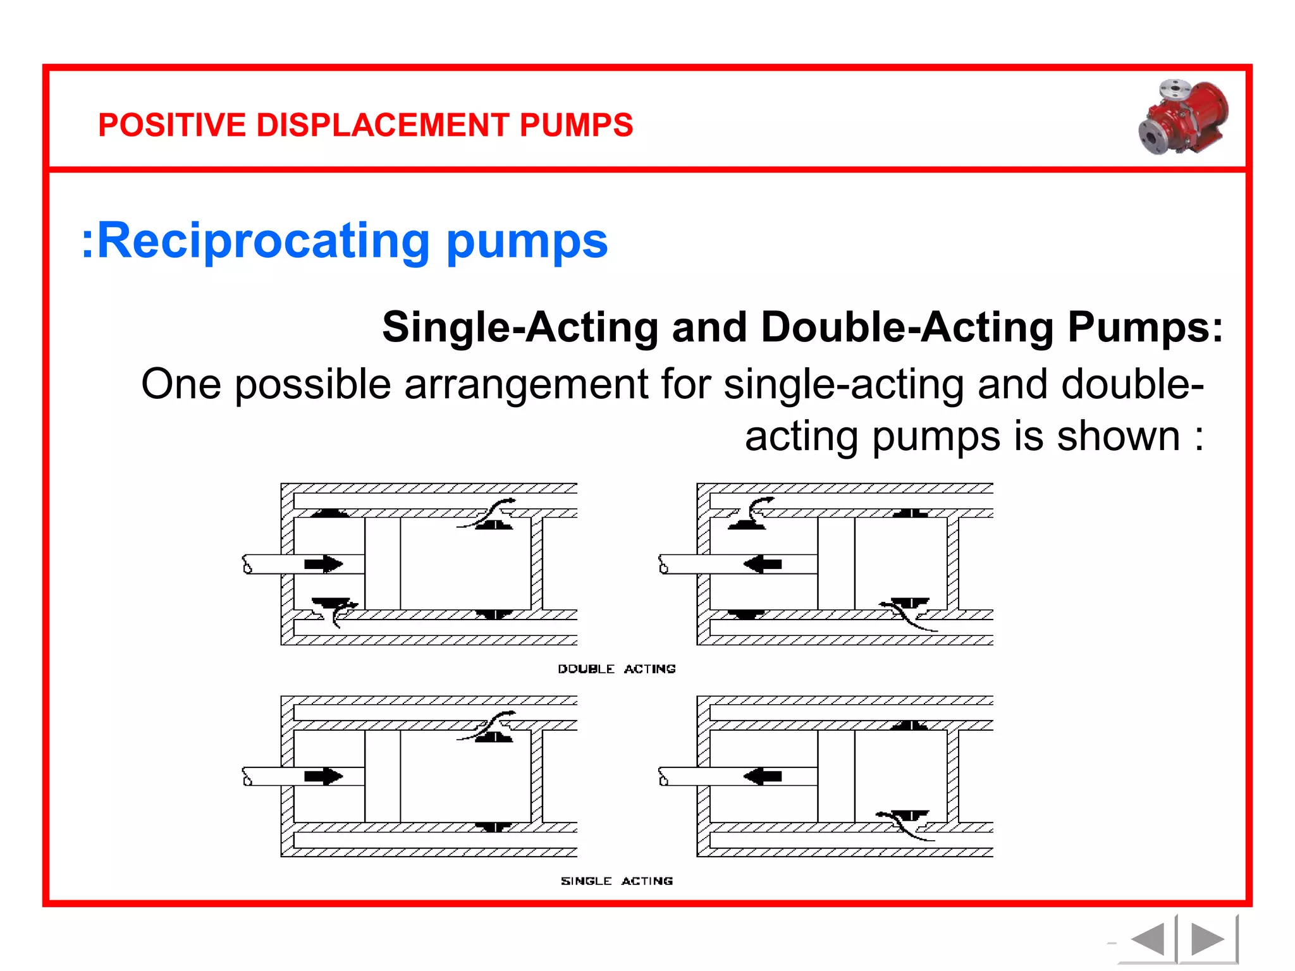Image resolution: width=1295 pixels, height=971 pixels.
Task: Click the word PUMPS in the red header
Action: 576,125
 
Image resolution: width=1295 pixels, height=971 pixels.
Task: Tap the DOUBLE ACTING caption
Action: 617,669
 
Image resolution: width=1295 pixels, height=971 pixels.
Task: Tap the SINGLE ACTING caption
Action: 617,881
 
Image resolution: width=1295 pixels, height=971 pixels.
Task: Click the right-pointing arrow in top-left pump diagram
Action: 324,564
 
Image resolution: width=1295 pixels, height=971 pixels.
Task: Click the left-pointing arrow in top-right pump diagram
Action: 763,564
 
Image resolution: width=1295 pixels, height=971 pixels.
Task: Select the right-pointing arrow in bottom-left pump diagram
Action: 324,776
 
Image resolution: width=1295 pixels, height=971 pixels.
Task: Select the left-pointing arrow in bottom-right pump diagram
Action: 763,776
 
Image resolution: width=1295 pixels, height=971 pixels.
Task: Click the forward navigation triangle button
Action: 1206,939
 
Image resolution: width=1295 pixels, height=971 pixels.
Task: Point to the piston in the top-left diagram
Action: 383,564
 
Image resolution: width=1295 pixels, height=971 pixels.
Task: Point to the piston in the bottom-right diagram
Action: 836,776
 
